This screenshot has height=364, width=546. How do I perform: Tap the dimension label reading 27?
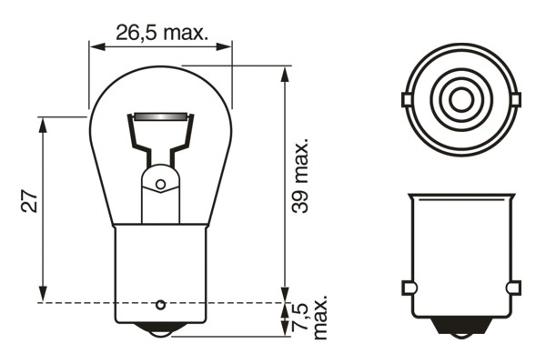[29, 202]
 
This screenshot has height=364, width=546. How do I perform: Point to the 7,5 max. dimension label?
[310, 317]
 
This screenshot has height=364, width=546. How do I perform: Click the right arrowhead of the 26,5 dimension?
[224, 46]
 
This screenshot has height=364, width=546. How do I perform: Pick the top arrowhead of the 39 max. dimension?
[285, 75]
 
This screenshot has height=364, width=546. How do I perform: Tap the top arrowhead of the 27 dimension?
[43, 125]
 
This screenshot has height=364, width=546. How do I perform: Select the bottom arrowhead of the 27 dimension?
[43, 294]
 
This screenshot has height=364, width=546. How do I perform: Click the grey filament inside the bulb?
[160, 116]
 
